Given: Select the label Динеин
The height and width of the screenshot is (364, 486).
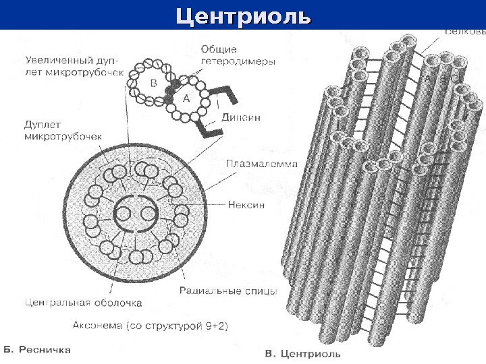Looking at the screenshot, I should (241, 117).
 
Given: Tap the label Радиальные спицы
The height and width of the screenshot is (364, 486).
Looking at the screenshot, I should (228, 291).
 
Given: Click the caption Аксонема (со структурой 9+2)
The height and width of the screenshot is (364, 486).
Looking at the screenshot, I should (150, 325).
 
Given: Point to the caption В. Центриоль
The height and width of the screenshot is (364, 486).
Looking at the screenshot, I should (302, 353).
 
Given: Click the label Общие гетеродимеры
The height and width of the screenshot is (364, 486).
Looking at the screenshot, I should (238, 55).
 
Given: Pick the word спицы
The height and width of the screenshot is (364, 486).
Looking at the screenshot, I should (261, 291).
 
